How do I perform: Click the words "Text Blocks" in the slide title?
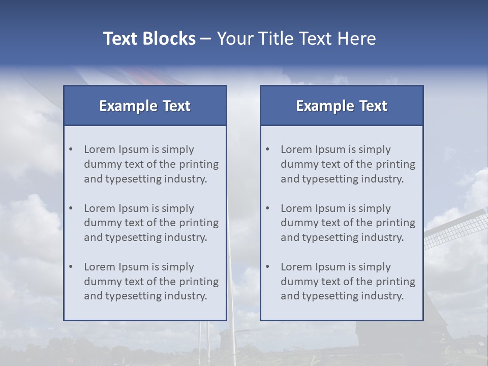(149, 39)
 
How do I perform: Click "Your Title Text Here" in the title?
(296, 39)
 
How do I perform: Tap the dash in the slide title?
(206, 39)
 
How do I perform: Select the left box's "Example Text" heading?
(145, 106)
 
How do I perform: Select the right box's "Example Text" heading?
(342, 106)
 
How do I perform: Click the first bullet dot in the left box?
(71, 149)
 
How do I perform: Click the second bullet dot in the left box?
(71, 208)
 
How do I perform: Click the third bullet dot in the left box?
(71, 267)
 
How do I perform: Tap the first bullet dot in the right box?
(268, 149)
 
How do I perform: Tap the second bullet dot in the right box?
(268, 208)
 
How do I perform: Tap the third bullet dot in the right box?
(268, 267)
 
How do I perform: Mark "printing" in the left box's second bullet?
(200, 223)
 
